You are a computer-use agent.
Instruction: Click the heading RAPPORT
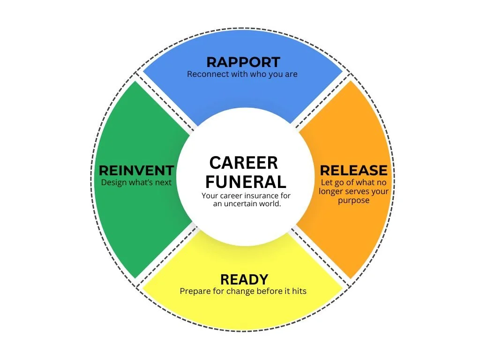(x=243, y=62)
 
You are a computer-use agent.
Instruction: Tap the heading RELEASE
(x=354, y=170)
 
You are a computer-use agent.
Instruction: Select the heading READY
(x=244, y=279)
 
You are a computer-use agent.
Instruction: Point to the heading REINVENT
(x=136, y=170)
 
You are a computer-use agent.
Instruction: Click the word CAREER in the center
(x=243, y=163)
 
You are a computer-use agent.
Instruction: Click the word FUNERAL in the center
(x=245, y=181)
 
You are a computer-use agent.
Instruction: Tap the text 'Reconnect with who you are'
(x=242, y=74)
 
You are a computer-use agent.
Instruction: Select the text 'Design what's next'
(x=136, y=182)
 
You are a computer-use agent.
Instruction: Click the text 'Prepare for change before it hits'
(x=243, y=291)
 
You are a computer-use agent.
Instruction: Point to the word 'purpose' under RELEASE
(x=353, y=200)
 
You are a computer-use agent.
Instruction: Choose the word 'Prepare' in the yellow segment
(x=195, y=291)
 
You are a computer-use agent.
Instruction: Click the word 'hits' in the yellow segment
(x=298, y=291)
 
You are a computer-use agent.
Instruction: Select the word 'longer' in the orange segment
(x=331, y=191)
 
